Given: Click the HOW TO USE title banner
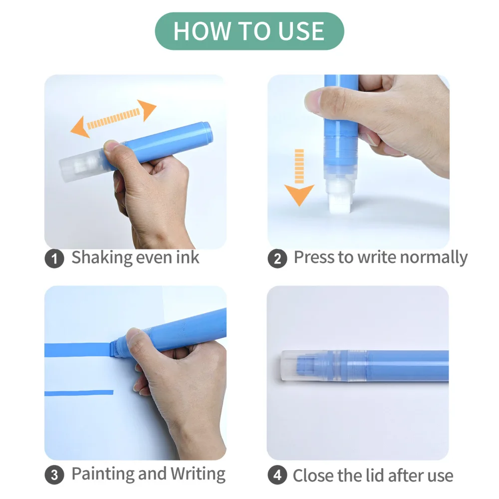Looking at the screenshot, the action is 249,31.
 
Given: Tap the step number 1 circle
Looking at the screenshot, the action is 54,258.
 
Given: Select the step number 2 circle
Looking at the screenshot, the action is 277,258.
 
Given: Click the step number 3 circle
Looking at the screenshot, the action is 54,475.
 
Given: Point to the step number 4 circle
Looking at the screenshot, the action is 277,475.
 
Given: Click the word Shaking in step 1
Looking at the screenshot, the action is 102,258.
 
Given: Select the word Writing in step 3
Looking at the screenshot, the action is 198,474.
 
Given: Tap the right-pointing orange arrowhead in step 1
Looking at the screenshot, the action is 146,110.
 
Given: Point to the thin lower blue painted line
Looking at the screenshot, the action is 79,393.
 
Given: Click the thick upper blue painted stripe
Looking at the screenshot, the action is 78,350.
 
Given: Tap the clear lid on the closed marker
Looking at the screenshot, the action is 305,365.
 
